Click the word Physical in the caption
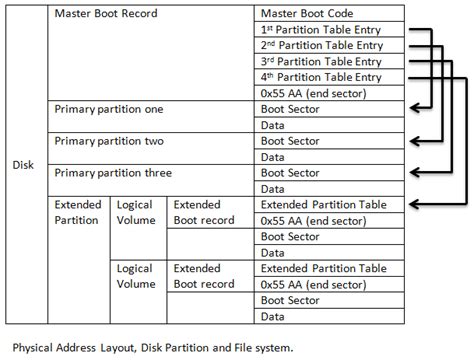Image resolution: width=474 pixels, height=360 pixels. click(34, 347)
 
